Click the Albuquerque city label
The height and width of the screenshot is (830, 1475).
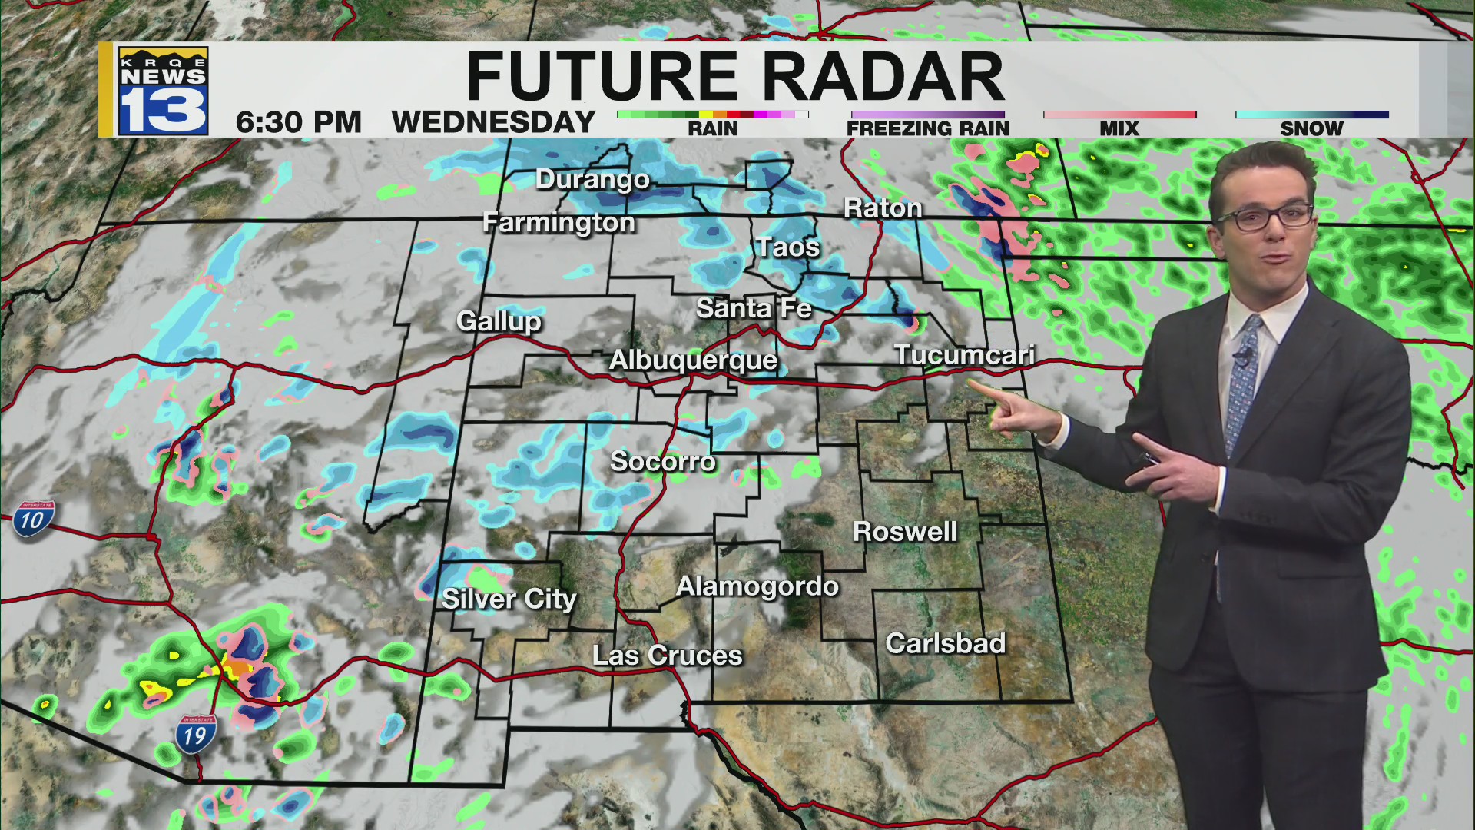(x=693, y=360)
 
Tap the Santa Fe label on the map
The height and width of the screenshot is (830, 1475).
(x=754, y=309)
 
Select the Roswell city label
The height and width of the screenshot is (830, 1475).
(x=905, y=532)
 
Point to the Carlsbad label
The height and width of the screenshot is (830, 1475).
(x=945, y=643)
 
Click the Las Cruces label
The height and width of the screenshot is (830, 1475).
(x=667, y=656)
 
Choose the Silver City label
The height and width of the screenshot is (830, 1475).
(x=509, y=599)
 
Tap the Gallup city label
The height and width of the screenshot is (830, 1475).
(x=499, y=320)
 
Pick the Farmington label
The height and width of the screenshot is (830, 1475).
(x=559, y=223)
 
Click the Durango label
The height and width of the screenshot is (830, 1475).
(x=592, y=180)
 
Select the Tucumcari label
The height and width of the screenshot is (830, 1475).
(x=964, y=355)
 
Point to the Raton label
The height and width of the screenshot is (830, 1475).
(x=883, y=208)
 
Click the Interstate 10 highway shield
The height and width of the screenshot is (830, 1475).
(x=32, y=520)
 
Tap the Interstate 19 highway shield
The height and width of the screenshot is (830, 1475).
(x=195, y=735)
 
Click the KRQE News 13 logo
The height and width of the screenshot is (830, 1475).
(x=163, y=91)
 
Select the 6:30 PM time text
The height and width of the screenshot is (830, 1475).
(x=298, y=122)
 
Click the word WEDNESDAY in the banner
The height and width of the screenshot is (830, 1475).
(x=493, y=122)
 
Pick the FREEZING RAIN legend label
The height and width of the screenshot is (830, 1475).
(x=927, y=128)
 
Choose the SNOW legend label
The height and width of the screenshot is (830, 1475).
(x=1311, y=128)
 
